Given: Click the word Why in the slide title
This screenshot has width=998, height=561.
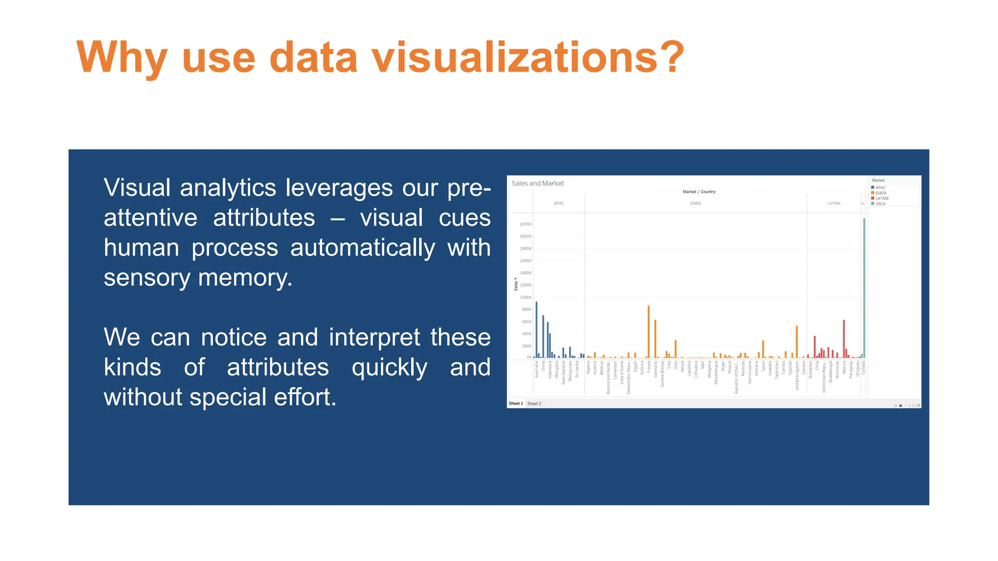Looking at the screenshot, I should click(x=122, y=57).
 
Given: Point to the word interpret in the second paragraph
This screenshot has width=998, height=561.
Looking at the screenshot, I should click(x=374, y=337).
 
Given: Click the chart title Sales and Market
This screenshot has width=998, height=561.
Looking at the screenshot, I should click(x=537, y=184).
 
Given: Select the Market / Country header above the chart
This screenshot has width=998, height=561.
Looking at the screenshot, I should click(x=699, y=192).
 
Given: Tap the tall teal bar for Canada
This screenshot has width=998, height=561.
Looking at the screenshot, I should click(x=864, y=287).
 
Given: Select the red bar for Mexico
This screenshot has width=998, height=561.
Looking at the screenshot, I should click(x=844, y=339).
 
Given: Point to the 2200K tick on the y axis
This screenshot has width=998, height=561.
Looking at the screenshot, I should click(x=525, y=224).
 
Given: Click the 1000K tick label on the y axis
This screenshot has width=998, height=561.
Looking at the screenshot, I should click(x=525, y=298).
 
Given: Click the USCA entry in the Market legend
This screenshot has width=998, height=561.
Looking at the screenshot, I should click(x=880, y=204).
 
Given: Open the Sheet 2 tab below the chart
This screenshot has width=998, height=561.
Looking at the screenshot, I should click(x=534, y=404).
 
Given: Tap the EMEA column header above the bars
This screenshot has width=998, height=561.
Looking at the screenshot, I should click(x=695, y=204).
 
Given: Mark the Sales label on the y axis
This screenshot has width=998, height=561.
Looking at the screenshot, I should click(x=516, y=284).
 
